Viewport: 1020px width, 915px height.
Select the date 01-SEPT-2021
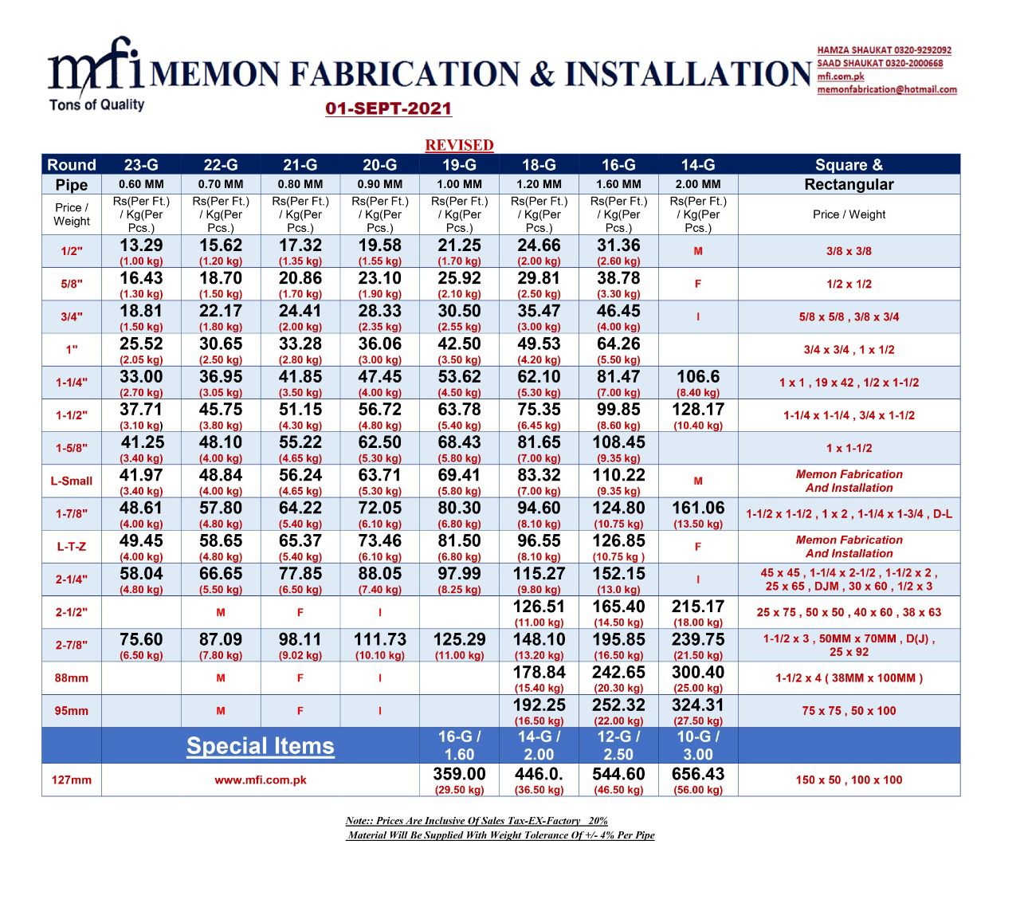click(x=388, y=109)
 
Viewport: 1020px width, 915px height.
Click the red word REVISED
click(x=459, y=145)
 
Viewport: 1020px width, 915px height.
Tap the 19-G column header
click(x=459, y=165)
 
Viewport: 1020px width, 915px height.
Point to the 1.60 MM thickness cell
click(x=618, y=184)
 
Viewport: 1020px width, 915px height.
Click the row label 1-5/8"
click(x=72, y=448)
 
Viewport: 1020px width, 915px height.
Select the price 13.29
click(x=141, y=245)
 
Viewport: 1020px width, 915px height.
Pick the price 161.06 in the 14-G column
click(x=698, y=508)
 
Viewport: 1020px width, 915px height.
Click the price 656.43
click(x=698, y=774)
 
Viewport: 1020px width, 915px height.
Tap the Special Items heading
click(x=260, y=746)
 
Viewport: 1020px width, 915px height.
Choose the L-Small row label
click(x=72, y=481)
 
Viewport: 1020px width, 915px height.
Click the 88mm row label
click(x=72, y=678)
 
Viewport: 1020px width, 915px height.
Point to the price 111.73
click(x=380, y=639)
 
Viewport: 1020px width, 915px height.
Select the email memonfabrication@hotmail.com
click(x=887, y=89)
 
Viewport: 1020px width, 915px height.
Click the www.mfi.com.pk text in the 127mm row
click(x=260, y=780)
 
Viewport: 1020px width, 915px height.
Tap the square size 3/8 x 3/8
click(x=849, y=251)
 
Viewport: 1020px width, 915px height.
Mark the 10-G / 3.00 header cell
click(x=698, y=746)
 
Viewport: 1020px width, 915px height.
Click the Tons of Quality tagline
click(x=96, y=104)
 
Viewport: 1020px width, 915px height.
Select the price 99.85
click(x=618, y=410)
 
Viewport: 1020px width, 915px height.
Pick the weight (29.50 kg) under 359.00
click(x=459, y=790)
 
